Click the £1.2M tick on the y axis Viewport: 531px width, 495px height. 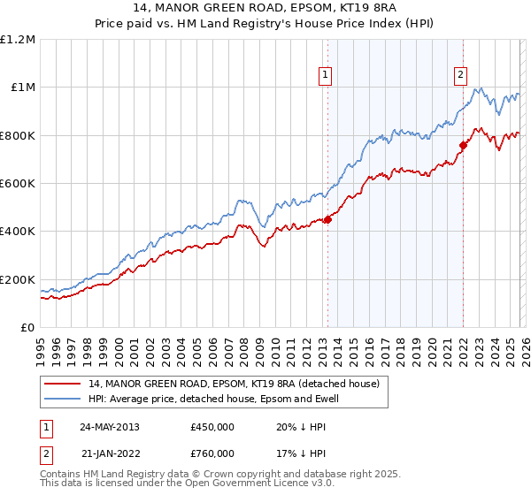pyautogui.click(x=18, y=40)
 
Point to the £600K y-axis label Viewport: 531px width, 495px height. pyautogui.click(x=18, y=184)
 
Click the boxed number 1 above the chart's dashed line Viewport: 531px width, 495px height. pyautogui.click(x=327, y=76)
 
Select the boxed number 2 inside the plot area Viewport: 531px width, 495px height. pyautogui.click(x=461, y=76)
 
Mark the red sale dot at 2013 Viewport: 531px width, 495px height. pyautogui.click(x=327, y=220)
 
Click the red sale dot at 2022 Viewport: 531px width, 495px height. pyautogui.click(x=463, y=145)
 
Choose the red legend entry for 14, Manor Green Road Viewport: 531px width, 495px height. pyautogui.click(x=234, y=384)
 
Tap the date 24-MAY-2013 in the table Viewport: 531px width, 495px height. pyautogui.click(x=109, y=426)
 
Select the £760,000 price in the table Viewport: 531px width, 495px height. pyautogui.click(x=212, y=453)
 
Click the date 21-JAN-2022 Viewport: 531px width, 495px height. pyautogui.click(x=109, y=453)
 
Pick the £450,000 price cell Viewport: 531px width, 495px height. pyautogui.click(x=212, y=426)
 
